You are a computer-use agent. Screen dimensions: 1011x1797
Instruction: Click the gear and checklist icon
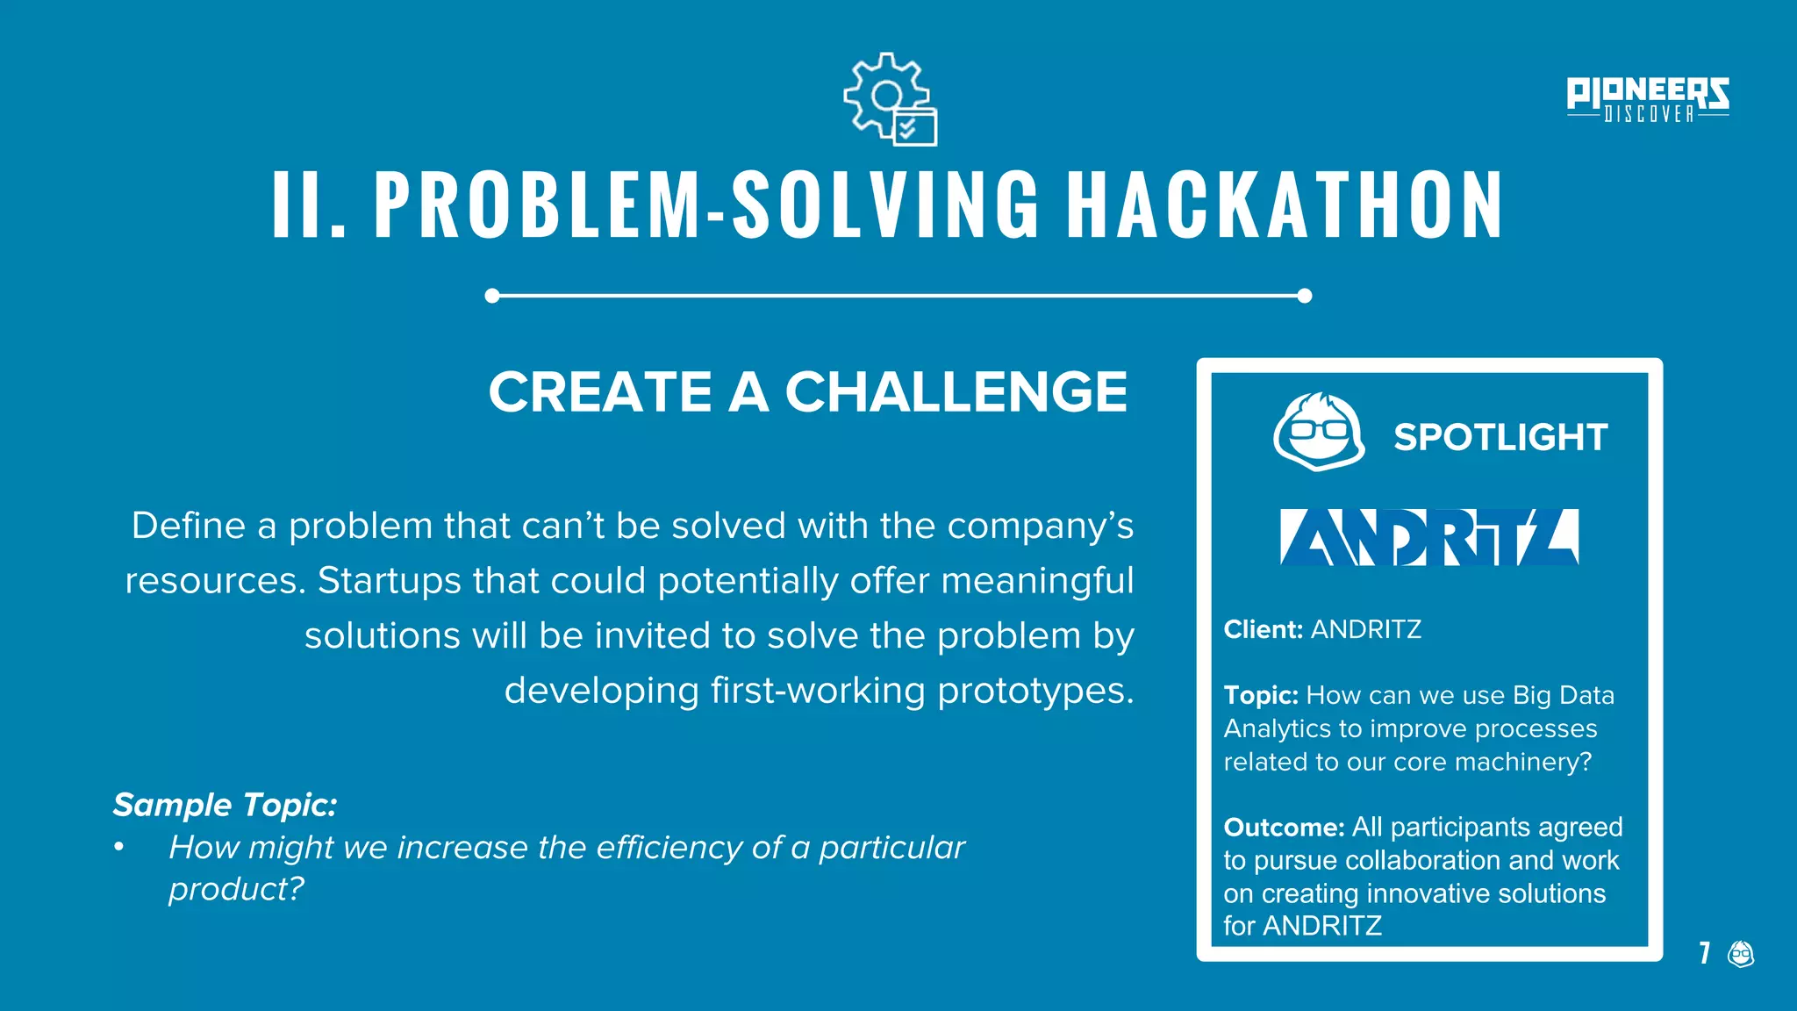click(890, 99)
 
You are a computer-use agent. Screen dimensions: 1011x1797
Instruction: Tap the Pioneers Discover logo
click(1647, 99)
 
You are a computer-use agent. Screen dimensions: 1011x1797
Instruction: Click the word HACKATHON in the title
click(1285, 205)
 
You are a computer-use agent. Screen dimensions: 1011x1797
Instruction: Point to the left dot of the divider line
click(492, 296)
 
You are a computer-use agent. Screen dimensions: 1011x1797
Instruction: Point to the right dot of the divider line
click(1305, 296)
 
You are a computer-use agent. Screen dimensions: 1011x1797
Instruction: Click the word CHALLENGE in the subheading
click(956, 391)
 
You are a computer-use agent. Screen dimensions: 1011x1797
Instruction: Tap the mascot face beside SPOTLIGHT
click(1318, 432)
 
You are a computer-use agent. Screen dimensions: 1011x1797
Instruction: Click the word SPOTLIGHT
click(1500, 437)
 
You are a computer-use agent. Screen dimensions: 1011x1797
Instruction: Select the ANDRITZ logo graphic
click(1428, 537)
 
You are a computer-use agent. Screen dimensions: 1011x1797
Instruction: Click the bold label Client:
click(1263, 629)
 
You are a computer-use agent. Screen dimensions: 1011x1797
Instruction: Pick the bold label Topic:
click(1260, 695)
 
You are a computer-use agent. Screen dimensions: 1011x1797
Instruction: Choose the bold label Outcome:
click(1284, 827)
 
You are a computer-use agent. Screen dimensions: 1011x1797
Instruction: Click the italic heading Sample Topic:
click(225, 805)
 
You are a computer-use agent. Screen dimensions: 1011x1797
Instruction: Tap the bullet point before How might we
click(118, 848)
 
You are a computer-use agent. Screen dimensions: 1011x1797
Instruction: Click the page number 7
click(1704, 953)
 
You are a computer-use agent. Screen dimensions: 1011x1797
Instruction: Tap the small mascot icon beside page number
click(1741, 953)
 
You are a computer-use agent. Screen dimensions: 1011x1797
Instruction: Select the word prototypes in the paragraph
click(1035, 691)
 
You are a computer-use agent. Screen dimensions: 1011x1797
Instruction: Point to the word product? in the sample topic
click(236, 890)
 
